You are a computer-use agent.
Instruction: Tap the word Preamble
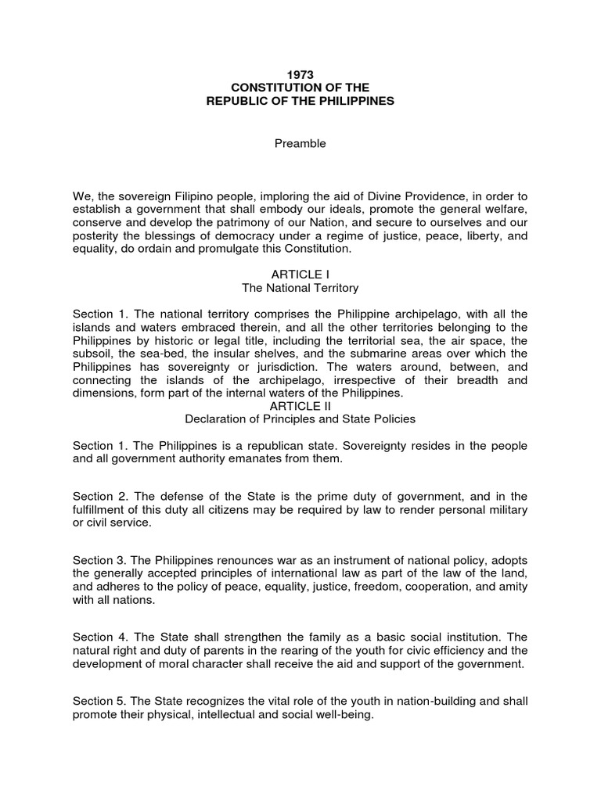300,144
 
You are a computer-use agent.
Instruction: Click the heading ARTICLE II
300,406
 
